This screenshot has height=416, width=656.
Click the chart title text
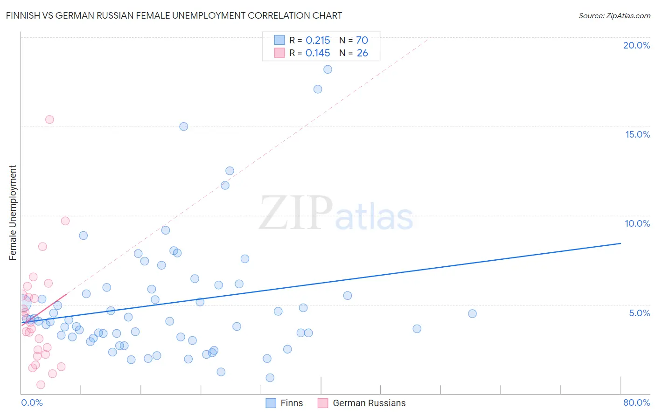[x=174, y=16]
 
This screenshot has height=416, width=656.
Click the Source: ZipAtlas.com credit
[x=614, y=16]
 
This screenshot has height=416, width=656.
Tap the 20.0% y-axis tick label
[x=636, y=45]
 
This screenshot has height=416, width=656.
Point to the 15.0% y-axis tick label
[x=637, y=134]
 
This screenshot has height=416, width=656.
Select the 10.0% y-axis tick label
[x=637, y=223]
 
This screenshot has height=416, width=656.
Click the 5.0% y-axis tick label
[x=639, y=313]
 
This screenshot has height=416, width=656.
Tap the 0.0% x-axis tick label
[x=32, y=402]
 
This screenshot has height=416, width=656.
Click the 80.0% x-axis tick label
[x=636, y=402]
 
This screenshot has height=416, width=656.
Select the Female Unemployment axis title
[x=13, y=213]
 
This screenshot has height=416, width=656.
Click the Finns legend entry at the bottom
[x=291, y=403]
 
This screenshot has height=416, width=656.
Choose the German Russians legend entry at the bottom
[x=369, y=403]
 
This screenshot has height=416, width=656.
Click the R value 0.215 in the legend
[x=318, y=41]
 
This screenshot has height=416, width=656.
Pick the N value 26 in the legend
[x=363, y=53]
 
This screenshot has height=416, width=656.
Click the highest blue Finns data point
[x=328, y=69]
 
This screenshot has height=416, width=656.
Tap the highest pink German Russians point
[x=49, y=119]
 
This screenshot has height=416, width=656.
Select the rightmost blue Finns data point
[x=472, y=314]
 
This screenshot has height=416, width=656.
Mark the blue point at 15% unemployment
[x=184, y=126]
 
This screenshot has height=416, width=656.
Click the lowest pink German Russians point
[x=41, y=385]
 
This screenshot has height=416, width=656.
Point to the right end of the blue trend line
[x=621, y=243]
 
